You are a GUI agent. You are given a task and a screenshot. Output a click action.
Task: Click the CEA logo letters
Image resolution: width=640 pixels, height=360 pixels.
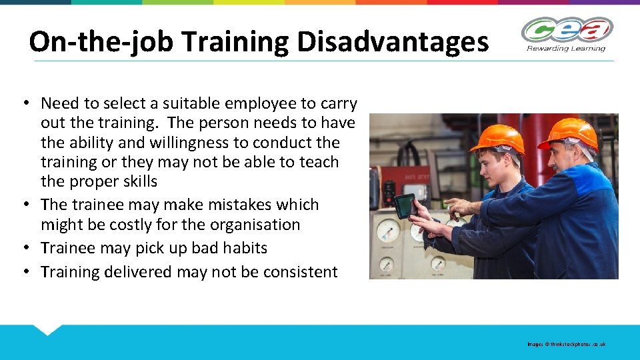(567, 30)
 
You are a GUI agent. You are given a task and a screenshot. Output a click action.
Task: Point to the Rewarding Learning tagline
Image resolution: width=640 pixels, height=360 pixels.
(567, 48)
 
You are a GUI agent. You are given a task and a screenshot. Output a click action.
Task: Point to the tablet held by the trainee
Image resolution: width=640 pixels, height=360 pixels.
(405, 205)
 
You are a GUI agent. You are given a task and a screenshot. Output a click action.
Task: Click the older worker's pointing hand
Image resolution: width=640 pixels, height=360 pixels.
(457, 206)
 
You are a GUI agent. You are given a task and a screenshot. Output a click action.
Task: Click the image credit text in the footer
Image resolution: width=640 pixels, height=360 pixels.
(566, 345)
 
